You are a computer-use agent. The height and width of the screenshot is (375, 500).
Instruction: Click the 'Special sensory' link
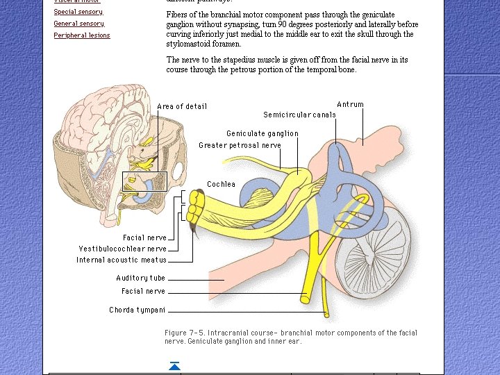tap(78, 12)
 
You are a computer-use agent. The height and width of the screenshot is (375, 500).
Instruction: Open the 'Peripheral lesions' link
tap(81, 35)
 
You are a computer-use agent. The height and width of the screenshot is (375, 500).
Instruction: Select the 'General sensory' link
tap(79, 24)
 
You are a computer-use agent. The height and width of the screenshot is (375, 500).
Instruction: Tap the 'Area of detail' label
tap(182, 106)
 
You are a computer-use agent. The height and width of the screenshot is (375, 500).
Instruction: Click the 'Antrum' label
tap(350, 104)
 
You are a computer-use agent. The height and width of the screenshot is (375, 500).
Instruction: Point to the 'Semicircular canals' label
tap(299, 115)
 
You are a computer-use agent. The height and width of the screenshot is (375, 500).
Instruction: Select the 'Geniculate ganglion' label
tap(262, 133)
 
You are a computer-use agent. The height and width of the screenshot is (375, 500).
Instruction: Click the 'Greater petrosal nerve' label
tap(240, 145)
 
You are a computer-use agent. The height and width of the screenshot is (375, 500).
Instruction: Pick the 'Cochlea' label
tap(221, 184)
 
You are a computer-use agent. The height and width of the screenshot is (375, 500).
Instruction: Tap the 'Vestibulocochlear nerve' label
tap(122, 249)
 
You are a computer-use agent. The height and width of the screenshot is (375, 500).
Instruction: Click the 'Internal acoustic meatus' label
tap(122, 260)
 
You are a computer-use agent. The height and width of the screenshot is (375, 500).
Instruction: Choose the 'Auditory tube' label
tap(140, 278)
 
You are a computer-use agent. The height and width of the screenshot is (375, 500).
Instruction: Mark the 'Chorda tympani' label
tap(137, 310)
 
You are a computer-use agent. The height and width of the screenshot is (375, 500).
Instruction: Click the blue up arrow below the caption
tap(174, 366)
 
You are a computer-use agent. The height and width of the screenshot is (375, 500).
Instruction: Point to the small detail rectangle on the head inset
tap(144, 181)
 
